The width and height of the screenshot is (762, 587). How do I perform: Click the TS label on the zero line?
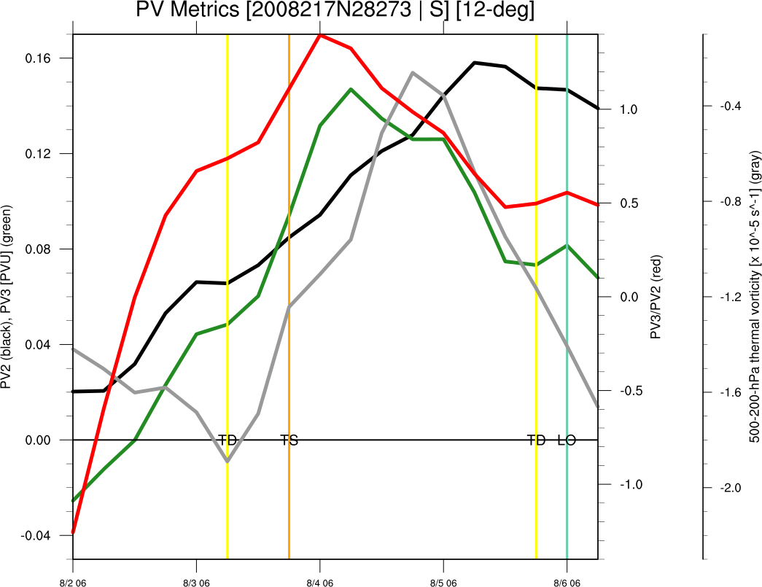coord(289,440)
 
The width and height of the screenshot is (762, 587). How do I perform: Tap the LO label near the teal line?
coord(567,440)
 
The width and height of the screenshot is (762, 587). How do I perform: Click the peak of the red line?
coord(320,34)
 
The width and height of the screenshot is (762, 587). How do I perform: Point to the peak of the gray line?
coord(413,72)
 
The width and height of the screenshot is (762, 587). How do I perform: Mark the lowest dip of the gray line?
coord(228,461)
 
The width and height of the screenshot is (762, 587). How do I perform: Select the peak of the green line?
coord(351,89)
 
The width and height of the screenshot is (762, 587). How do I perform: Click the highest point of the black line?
coord(475,63)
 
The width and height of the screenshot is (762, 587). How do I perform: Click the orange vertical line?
coord(289,219)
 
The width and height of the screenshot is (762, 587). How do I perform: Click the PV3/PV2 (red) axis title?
coord(655,296)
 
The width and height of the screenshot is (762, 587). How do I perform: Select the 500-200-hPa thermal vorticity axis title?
coord(755,296)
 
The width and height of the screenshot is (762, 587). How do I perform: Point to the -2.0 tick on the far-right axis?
coord(731,488)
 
